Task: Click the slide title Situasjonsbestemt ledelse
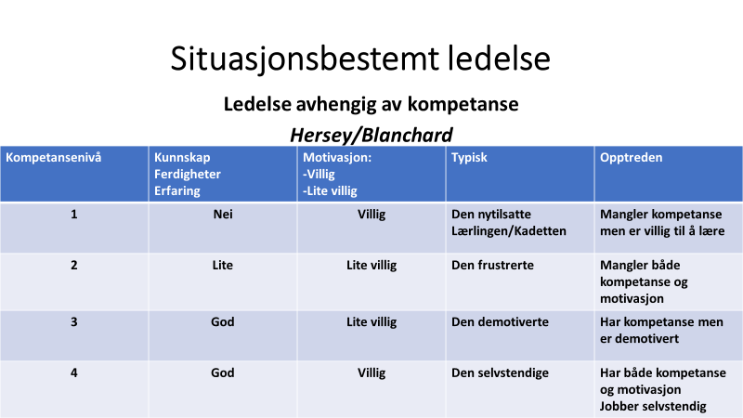point(360,59)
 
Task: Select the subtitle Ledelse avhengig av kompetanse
point(371,104)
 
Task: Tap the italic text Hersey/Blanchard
point(371,135)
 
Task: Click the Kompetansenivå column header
point(54,157)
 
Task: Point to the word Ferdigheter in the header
point(188,175)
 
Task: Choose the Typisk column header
point(469,158)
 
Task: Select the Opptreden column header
point(632,158)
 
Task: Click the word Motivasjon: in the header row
point(337,157)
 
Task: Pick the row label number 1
point(74,215)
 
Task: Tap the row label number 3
point(74,321)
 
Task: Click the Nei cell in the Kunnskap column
point(223,215)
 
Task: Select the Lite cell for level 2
point(223,265)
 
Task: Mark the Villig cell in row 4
point(371,372)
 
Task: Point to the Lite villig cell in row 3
point(371,321)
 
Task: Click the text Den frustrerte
point(492,265)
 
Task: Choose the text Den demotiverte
point(500,321)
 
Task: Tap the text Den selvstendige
point(500,373)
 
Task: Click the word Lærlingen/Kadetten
point(509,231)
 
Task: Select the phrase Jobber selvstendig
point(653,407)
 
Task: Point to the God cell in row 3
point(223,321)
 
